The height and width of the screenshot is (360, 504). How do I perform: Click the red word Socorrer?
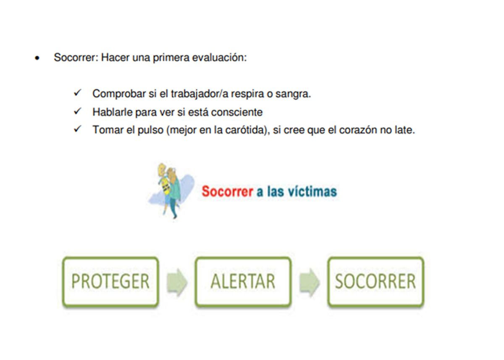click(228, 192)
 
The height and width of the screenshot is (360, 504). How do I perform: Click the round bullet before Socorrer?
click(37, 58)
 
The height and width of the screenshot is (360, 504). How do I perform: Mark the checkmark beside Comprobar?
click(78, 92)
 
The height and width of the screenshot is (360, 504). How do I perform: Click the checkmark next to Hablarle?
click(78, 111)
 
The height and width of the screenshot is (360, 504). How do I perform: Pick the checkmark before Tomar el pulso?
click(78, 129)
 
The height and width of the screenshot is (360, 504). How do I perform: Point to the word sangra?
click(293, 94)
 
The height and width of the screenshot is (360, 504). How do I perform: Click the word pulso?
click(150, 130)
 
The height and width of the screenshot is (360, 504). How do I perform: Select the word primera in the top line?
click(171, 58)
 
